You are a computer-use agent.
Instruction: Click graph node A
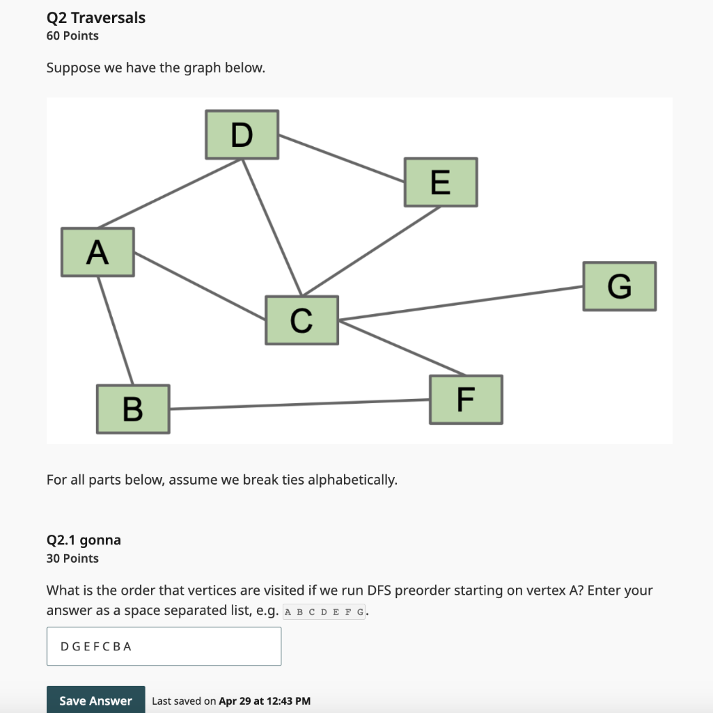[x=97, y=252]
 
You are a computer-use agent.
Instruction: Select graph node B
[x=133, y=409]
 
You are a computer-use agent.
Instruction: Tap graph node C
[x=301, y=320]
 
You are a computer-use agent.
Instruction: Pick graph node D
[x=242, y=134]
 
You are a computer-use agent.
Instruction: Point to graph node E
[x=440, y=182]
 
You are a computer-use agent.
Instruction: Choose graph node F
[x=466, y=400]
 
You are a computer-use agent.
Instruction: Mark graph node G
[x=619, y=286]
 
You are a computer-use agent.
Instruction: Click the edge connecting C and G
[x=461, y=303]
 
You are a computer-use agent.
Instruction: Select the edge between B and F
[x=299, y=405]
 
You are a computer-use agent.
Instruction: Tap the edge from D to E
[x=342, y=157]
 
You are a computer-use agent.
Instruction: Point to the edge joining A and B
[x=115, y=330]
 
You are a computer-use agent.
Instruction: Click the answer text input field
[x=164, y=646]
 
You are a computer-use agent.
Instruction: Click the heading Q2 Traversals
[x=96, y=17]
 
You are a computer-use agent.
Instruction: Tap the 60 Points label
[x=72, y=36]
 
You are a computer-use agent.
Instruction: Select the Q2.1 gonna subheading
[x=84, y=540]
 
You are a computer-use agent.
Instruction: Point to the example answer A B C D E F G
[x=324, y=613]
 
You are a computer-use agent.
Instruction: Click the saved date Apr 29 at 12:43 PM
[x=265, y=701]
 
